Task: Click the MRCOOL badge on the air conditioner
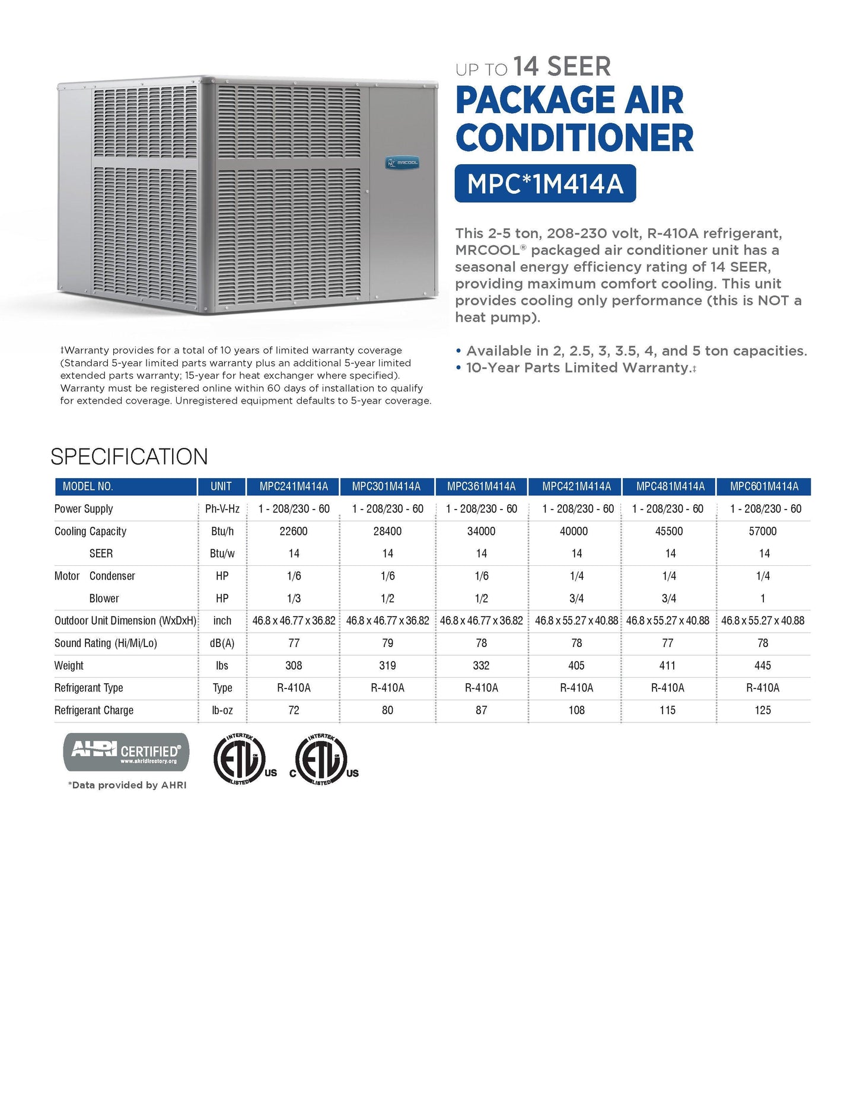[403, 162]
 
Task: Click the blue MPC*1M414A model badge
[545, 184]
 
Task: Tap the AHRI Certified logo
[126, 752]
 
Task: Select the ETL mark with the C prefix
[324, 760]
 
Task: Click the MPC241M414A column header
[294, 486]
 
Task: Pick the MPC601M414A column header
[764, 486]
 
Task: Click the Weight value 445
[763, 665]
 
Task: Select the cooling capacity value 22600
[294, 531]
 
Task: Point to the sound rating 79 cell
[387, 643]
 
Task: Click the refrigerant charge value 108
[576, 710]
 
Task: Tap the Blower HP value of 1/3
[294, 598]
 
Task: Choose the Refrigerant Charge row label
[94, 710]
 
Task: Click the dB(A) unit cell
[222, 643]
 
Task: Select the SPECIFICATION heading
[129, 457]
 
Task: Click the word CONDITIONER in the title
[574, 138]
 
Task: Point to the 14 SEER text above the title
[562, 66]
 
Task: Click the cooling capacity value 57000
[763, 531]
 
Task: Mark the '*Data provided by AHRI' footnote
[128, 785]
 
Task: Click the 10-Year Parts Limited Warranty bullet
[578, 368]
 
